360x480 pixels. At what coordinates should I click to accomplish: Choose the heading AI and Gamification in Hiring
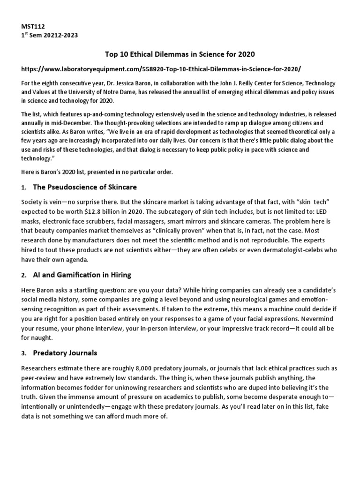[82, 275]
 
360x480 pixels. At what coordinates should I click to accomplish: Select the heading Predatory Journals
[65, 352]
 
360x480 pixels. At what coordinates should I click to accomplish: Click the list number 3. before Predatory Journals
[24, 353]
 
